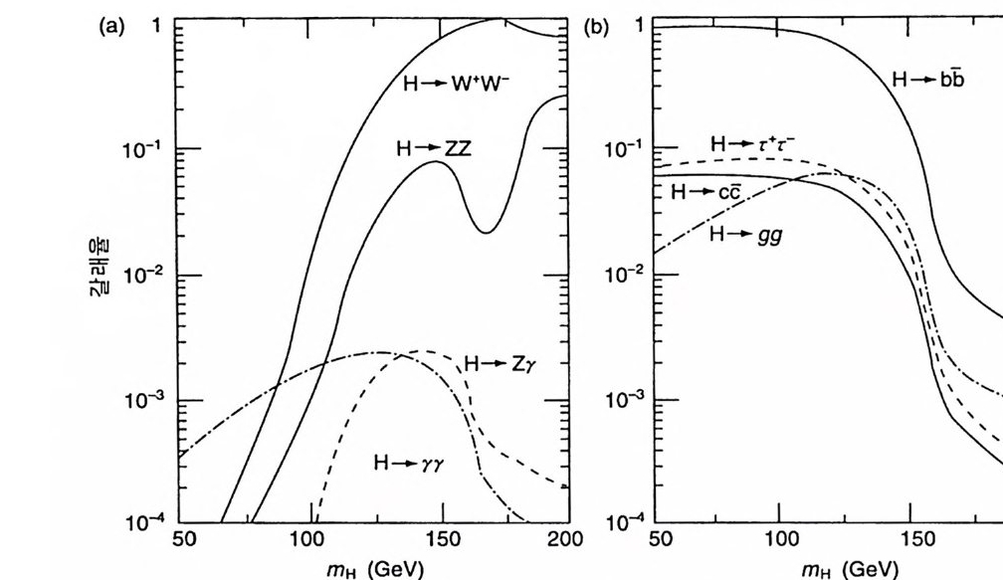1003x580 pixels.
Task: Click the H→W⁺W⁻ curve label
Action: point(456,84)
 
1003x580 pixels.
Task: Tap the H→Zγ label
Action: point(500,364)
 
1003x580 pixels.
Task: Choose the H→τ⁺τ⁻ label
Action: point(751,145)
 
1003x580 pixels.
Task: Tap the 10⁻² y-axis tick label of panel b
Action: point(626,274)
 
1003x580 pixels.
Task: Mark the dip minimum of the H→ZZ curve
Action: point(484,232)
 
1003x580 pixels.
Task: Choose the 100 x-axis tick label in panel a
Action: point(307,540)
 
